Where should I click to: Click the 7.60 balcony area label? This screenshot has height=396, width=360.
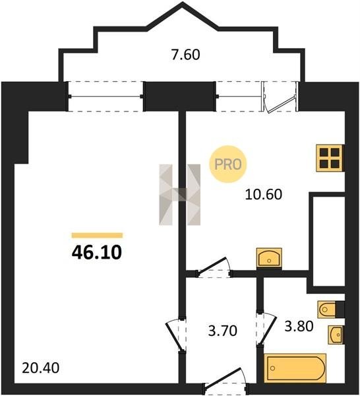click(185, 55)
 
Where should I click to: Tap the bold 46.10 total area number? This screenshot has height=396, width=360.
click(97, 252)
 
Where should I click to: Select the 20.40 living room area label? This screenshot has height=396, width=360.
click(41, 368)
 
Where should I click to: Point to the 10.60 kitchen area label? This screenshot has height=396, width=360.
click(263, 195)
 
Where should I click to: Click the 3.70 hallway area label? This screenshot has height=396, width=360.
click(223, 331)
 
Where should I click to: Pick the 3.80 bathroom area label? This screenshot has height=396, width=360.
click(299, 326)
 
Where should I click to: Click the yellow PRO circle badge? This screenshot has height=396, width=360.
click(228, 164)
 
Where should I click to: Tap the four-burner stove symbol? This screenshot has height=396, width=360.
click(330, 158)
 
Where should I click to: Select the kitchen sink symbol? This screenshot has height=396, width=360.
click(269, 257)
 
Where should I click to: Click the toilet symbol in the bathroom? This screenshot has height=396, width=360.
click(331, 309)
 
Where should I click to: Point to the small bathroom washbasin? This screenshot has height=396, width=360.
click(336, 335)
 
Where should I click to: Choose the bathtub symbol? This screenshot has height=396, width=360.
click(295, 368)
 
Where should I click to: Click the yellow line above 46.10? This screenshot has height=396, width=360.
click(97, 236)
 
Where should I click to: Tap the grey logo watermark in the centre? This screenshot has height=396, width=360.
click(179, 195)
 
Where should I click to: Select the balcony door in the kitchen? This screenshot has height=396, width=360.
click(280, 97)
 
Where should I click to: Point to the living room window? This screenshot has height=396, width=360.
click(105, 96)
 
